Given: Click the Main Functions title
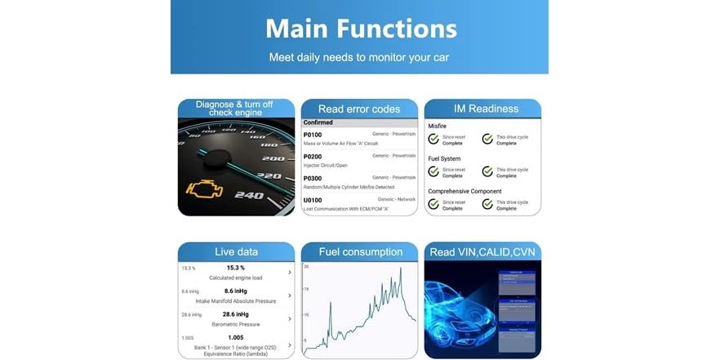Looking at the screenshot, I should pos(359,29).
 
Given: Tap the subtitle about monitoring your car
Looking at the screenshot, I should pos(359,58).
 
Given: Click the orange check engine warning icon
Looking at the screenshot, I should pos(202,190).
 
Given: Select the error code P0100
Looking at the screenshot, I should pos(313,134).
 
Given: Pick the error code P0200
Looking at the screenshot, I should pos(313,155).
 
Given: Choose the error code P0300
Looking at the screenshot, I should pos(313,177).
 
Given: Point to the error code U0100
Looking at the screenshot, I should pos(313,199).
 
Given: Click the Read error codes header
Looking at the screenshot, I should pos(359,109).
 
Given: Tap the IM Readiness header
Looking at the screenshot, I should pos(486,109).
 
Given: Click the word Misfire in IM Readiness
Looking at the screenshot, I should pos(438,126).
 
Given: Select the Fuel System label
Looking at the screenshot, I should pos(445,158).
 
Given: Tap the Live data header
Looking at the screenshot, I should pos(236,251).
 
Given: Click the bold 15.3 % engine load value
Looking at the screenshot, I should pos(236,268).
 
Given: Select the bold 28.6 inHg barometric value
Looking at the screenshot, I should pos(236,313).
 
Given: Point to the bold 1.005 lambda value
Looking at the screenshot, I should pos(236,337).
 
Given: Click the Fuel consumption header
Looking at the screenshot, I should pos(359,251).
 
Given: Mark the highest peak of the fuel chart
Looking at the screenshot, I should pos(400,269).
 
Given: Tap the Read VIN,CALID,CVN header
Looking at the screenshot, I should pos(482,252).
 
